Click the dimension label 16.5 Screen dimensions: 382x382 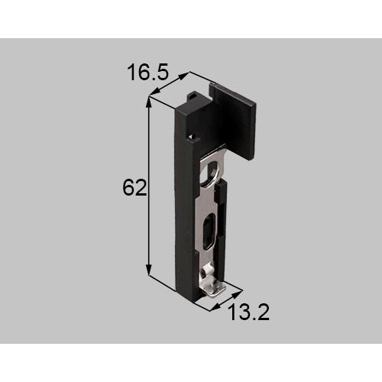(x=147, y=73)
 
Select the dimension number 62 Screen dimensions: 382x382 (x=134, y=188)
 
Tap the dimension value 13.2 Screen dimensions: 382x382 (x=249, y=312)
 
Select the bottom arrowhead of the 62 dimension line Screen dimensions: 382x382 (x=149, y=270)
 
